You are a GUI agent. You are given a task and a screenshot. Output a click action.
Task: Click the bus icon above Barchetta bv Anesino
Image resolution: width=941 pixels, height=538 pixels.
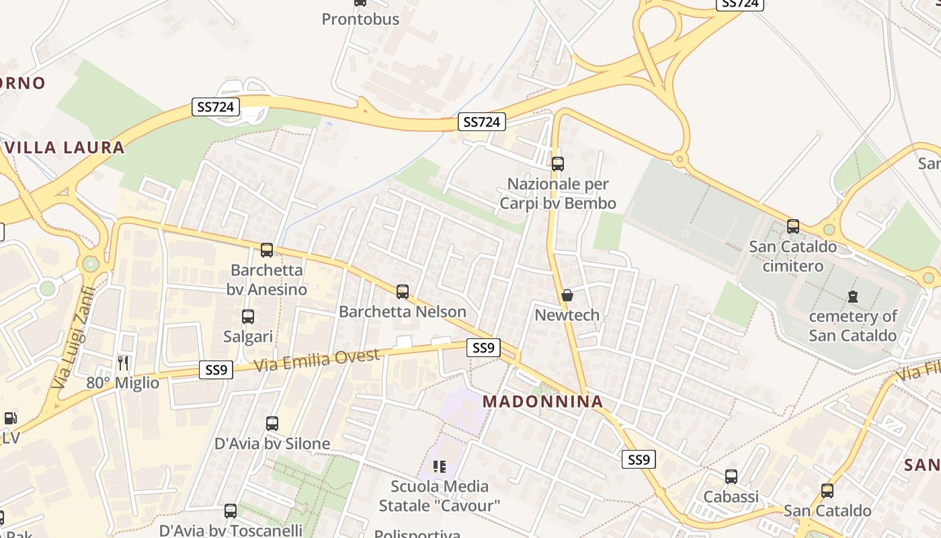coord(267,250)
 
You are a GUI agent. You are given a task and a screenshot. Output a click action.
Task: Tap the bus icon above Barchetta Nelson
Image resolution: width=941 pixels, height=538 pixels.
coord(403,292)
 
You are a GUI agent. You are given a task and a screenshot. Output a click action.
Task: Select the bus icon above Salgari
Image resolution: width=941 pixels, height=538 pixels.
coord(248,317)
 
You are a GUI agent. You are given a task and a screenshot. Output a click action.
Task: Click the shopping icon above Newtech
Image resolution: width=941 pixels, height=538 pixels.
coord(567,295)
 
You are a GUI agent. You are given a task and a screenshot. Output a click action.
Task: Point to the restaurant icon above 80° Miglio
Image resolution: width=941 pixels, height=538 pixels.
coord(122,363)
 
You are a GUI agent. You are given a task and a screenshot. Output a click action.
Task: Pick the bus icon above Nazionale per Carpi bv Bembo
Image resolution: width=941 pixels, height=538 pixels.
coord(557,163)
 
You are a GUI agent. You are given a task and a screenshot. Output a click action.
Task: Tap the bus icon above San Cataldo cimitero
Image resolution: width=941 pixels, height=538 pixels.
coord(793,227)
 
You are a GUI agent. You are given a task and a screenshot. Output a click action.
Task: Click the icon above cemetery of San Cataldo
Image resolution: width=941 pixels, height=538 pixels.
coord(853,296)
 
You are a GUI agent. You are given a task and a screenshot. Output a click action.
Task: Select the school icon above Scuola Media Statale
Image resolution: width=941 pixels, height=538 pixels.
coord(440,466)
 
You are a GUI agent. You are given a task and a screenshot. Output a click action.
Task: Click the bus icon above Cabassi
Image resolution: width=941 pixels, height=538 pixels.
coord(731,477)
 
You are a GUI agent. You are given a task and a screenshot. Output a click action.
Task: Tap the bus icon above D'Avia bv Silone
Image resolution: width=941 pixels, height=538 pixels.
coord(272,424)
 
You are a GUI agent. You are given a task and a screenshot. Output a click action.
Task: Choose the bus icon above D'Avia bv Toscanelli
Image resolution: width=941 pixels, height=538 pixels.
coord(231,511)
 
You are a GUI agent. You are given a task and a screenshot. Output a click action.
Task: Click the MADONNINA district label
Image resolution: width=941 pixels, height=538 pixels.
coord(543,401)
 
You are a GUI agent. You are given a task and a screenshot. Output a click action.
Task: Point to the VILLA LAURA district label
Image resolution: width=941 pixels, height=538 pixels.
coord(65,147)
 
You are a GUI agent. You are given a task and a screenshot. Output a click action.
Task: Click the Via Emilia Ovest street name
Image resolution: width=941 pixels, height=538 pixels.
coord(317,360)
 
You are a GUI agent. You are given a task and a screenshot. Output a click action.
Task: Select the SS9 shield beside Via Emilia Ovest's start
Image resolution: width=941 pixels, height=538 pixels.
coord(216,369)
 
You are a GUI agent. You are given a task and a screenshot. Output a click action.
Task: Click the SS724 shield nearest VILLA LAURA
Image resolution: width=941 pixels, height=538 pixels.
coord(216,106)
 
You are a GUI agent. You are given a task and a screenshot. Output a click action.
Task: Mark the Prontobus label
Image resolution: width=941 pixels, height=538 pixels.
coord(360,19)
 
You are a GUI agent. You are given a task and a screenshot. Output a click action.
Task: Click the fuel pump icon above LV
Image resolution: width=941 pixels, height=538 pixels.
coord(10,418)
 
